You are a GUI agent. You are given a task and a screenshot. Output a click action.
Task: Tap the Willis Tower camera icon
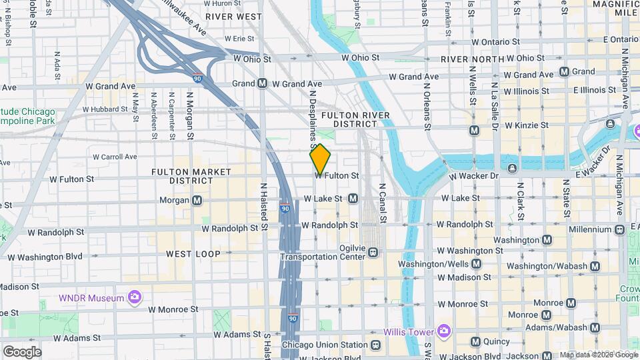[443, 331]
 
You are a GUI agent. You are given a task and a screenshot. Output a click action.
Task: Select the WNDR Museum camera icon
[135, 297]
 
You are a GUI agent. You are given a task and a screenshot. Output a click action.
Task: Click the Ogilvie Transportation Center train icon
[373, 252]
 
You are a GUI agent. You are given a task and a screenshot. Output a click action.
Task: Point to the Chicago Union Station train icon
[376, 345]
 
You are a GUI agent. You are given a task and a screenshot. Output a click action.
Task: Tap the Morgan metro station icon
[197, 200]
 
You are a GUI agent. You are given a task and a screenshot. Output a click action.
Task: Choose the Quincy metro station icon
[475, 342]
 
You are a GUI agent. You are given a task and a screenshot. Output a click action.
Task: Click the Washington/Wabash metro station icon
[595, 266]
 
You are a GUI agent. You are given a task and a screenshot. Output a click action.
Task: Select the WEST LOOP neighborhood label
[193, 254]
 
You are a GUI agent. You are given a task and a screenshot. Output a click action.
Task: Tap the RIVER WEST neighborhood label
[233, 15]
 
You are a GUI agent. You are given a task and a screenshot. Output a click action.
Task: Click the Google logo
[22, 351]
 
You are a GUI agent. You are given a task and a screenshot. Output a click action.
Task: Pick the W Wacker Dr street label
[474, 177]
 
